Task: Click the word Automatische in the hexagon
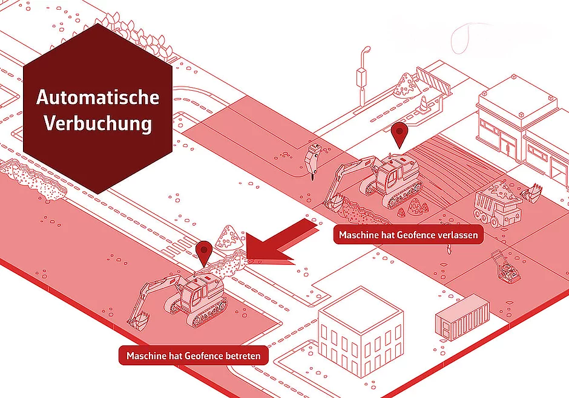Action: (97, 97)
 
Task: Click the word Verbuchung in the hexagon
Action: (98, 123)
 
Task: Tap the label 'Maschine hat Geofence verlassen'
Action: (408, 235)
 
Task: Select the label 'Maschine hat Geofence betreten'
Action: (194, 356)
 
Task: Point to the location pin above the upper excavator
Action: (400, 135)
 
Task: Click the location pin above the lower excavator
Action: (203, 253)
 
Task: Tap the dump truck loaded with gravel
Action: (497, 204)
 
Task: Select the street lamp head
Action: (366, 50)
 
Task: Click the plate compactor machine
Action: (505, 267)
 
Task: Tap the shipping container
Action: (462, 318)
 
